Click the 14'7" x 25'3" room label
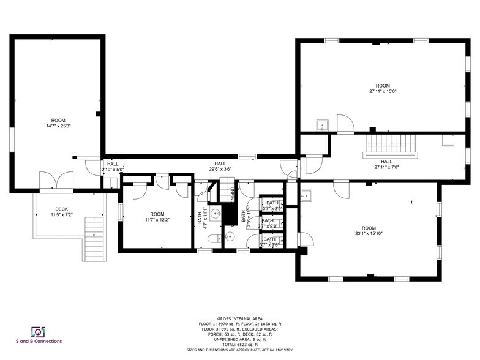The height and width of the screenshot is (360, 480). tap(58, 123)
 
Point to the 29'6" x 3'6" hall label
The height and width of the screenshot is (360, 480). tap(220, 167)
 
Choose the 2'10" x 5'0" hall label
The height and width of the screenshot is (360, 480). tap(113, 167)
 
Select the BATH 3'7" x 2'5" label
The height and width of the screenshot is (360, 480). tap(272, 205)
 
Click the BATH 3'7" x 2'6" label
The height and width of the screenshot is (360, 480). tap(269, 242)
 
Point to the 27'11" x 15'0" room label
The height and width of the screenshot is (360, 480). tap(383, 88)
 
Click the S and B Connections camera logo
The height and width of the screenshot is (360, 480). tap(39, 331)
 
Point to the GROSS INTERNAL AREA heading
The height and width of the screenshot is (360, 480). tap(239, 318)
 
